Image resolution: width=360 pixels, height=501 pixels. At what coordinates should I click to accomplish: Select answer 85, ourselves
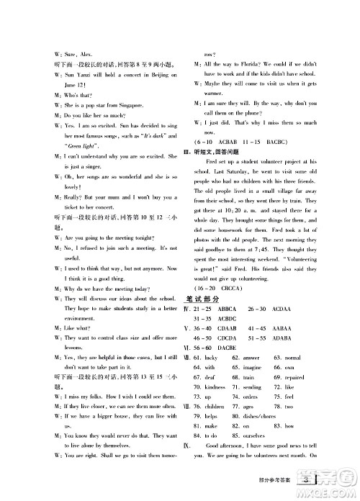(x=250, y=436)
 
